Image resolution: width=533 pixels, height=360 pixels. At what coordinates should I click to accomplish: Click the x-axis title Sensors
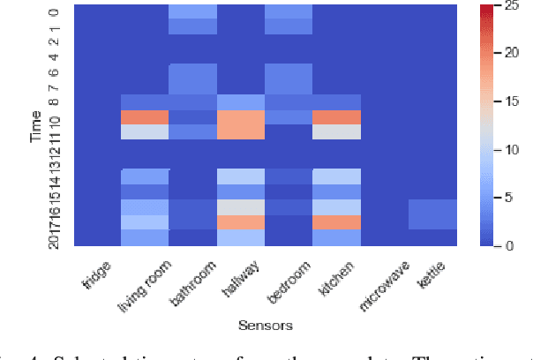coord(266,326)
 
